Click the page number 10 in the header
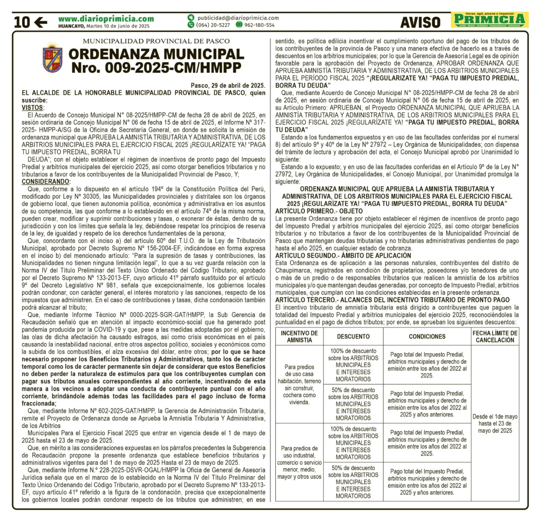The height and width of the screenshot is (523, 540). point(21,22)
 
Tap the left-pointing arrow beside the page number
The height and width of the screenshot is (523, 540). point(41,22)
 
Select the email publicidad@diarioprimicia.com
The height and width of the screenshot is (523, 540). point(238,17)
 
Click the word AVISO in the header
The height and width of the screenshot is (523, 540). point(420,22)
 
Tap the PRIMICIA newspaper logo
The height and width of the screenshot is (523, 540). point(490,21)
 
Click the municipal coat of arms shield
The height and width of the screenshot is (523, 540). point(52,59)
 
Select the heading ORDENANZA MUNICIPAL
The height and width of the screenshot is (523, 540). point(157,54)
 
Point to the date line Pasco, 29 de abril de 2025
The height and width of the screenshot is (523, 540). point(227,85)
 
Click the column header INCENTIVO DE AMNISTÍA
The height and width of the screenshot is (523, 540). point(300,336)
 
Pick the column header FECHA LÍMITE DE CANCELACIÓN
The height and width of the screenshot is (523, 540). point(495,336)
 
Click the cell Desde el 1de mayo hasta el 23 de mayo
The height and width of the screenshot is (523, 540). point(495,423)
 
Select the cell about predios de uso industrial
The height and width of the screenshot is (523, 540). point(300,462)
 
